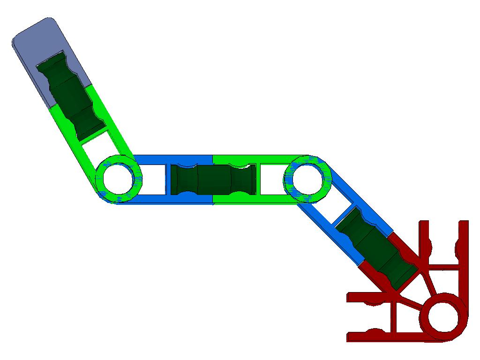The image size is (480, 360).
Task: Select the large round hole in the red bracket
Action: [442, 315]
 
